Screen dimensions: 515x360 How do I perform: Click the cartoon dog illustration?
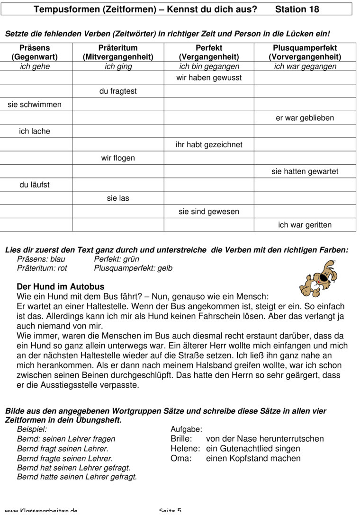click(318, 279)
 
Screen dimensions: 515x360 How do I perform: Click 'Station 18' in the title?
click(297, 9)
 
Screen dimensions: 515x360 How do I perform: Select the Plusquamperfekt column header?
click(305, 52)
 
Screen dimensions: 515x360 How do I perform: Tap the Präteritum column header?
click(118, 52)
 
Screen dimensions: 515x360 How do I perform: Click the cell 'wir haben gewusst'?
click(209, 78)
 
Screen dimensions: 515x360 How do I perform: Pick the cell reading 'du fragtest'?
click(118, 91)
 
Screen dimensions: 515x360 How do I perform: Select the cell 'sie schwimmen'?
click(35, 105)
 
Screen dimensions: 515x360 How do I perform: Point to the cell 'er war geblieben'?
click(305, 118)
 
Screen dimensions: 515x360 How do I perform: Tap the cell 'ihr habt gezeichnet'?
click(209, 145)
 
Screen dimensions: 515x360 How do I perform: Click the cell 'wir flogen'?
click(118, 158)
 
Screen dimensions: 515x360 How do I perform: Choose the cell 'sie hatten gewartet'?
click(305, 171)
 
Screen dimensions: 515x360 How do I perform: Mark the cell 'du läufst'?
click(35, 185)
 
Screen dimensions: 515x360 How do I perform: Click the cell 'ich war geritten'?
click(305, 225)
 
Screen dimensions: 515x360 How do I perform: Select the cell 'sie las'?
click(118, 198)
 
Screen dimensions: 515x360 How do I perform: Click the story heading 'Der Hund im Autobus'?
click(61, 286)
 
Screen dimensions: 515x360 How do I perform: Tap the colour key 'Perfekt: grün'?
click(117, 259)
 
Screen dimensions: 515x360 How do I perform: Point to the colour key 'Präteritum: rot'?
click(42, 268)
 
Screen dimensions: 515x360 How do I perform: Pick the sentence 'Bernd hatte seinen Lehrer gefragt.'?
click(77, 477)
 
